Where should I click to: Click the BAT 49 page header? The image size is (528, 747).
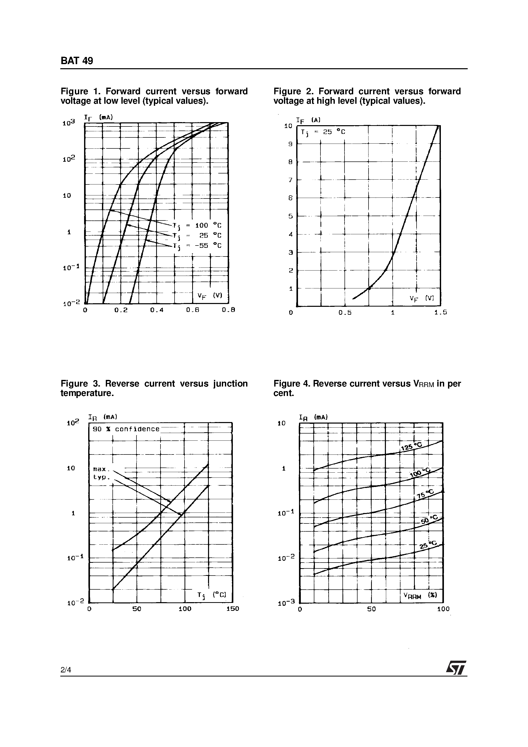pyautogui.click(x=77, y=61)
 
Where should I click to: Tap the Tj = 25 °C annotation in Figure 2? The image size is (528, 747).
pyautogui.click(x=323, y=132)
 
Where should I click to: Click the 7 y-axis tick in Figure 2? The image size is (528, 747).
pyautogui.click(x=291, y=180)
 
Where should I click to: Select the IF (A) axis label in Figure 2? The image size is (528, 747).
pyautogui.click(x=308, y=120)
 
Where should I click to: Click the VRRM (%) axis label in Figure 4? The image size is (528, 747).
pyautogui.click(x=420, y=596)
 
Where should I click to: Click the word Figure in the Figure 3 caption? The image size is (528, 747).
pyautogui.click(x=74, y=384)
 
